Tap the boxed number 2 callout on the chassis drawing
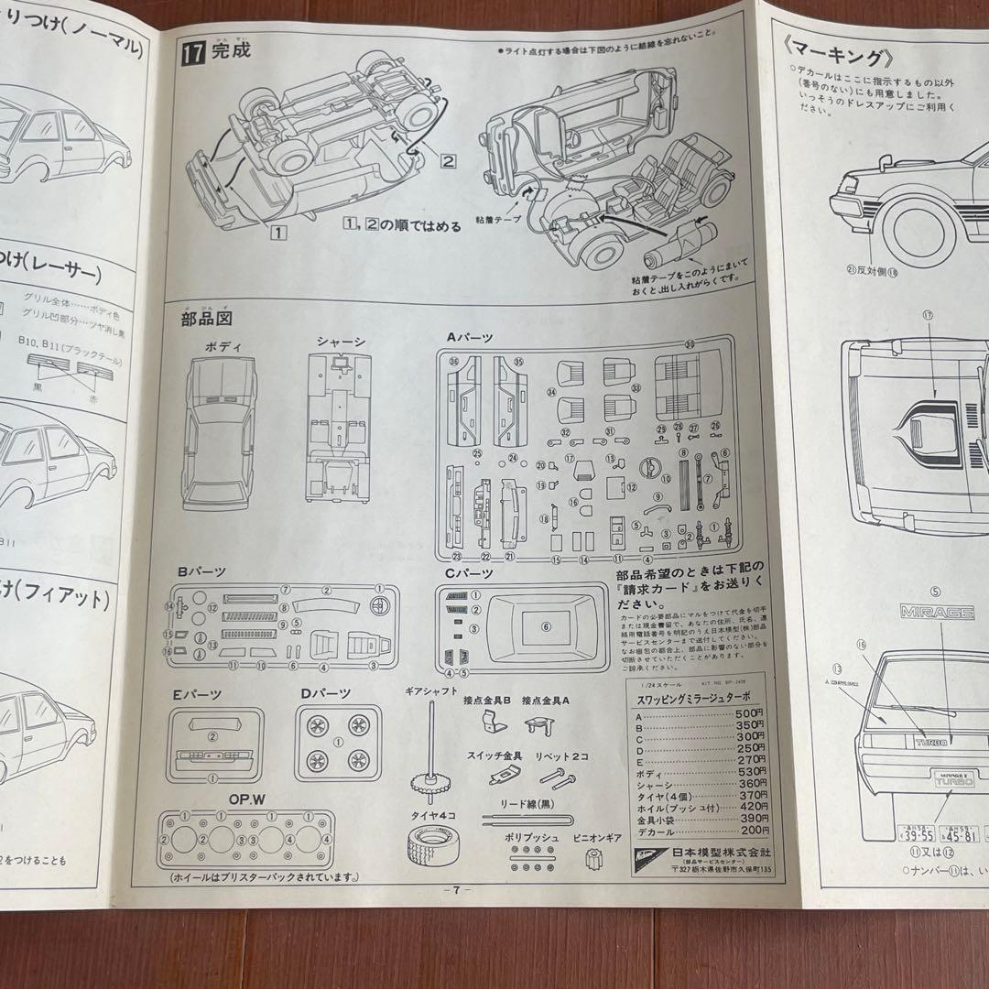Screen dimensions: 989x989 tap(448, 161)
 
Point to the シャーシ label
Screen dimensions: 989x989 tap(341, 342)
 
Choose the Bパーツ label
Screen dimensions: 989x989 tap(201, 571)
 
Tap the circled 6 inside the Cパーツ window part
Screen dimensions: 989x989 tap(546, 626)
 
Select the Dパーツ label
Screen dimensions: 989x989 tap(325, 693)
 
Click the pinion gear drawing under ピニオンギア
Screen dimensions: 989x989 tap(597, 858)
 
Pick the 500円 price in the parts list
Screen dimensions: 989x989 tap(748, 712)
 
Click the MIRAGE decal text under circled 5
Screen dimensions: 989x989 tap(934, 611)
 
